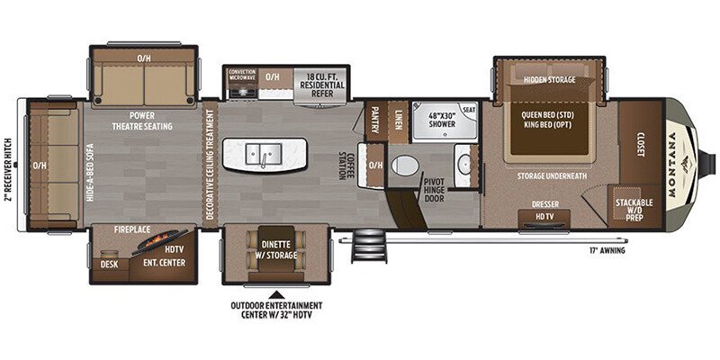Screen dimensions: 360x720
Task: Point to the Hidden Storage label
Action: pyautogui.click(x=550, y=79)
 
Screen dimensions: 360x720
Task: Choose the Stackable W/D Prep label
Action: pyautogui.click(x=634, y=209)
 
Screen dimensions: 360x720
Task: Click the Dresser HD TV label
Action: pyautogui.click(x=545, y=210)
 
